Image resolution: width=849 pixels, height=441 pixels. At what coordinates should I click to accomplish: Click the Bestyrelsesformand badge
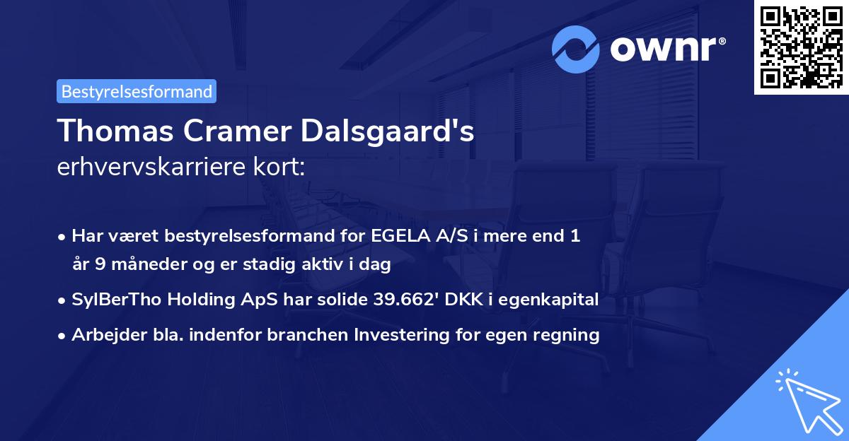tap(137, 91)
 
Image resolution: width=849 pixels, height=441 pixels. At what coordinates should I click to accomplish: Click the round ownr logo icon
tap(576, 49)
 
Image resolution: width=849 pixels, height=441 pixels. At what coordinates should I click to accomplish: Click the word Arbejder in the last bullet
tap(104, 335)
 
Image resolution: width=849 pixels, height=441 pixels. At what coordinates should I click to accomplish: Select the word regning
tap(569, 335)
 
